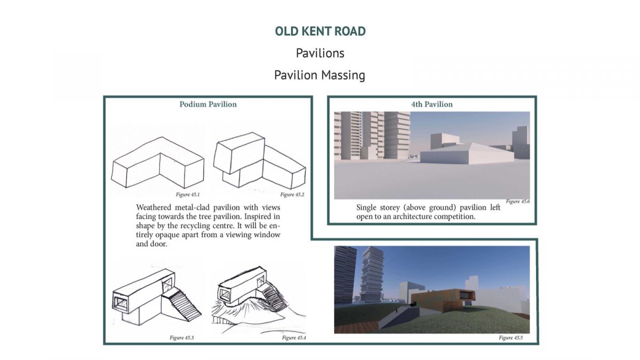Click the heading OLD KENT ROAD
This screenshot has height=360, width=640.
[x=320, y=31]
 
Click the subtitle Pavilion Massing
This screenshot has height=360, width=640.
[x=319, y=75]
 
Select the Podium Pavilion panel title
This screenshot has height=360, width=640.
[x=208, y=105]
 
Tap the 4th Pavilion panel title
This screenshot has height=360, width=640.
[x=431, y=105]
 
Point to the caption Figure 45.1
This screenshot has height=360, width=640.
[x=187, y=195]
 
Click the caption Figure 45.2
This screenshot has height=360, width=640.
[x=292, y=195]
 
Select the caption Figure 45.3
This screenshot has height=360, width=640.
[x=181, y=338]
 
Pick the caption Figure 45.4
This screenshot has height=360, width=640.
[x=294, y=338]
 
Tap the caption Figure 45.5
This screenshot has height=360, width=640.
[x=510, y=338]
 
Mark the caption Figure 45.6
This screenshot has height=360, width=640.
[x=518, y=202]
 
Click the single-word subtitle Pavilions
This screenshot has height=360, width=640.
[x=320, y=53]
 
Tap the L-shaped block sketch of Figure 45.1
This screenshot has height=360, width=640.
[x=158, y=162]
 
